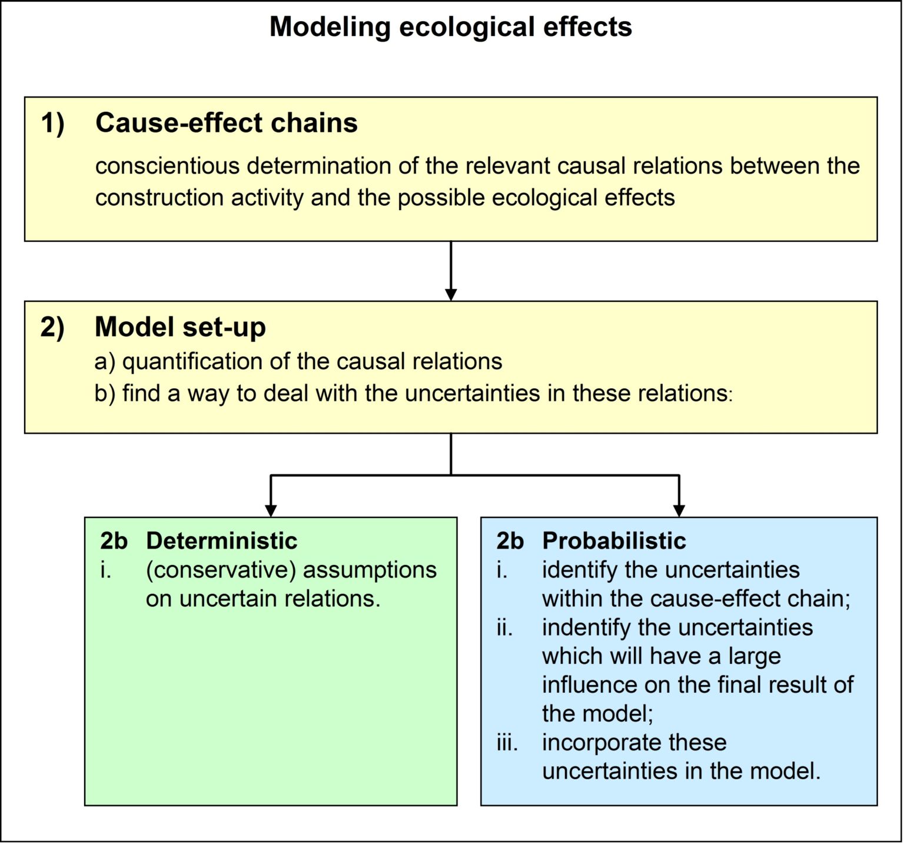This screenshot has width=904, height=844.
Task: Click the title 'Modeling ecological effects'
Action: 451,28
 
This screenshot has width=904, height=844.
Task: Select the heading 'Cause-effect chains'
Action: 227,123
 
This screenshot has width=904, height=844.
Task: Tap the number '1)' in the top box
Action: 53,124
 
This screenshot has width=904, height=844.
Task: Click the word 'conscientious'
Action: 168,166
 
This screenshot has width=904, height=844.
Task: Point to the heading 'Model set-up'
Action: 180,327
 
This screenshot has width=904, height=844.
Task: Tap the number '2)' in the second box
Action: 53,328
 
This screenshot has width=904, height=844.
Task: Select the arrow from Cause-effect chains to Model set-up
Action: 451,271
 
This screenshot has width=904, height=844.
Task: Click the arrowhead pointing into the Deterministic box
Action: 271,510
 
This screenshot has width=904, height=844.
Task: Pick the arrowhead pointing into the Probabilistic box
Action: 679,510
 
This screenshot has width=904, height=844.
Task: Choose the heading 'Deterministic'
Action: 221,541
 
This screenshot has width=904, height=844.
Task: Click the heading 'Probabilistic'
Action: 614,541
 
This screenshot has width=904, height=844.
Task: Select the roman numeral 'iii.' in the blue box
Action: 507,743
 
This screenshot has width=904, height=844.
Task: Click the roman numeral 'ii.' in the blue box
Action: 504,627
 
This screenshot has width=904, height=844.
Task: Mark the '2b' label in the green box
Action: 114,541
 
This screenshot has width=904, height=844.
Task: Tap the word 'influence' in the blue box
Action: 589,685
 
